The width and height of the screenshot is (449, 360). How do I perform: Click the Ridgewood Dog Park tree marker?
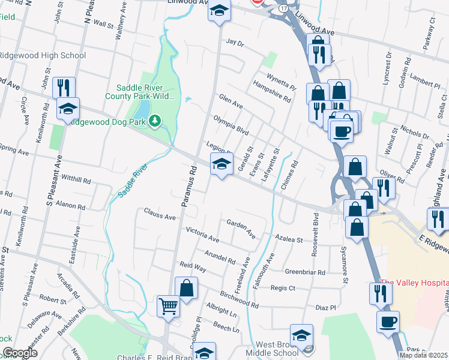(155, 122)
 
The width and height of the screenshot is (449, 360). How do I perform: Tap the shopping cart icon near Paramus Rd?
(167, 307)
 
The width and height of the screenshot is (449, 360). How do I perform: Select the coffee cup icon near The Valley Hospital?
(388, 322)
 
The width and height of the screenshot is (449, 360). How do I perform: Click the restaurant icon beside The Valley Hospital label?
(381, 293)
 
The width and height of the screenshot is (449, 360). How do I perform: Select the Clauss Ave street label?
(159, 214)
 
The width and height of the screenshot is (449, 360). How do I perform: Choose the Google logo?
(20, 353)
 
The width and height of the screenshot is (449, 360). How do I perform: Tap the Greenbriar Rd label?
(305, 272)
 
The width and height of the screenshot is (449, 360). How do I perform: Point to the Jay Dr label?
(235, 43)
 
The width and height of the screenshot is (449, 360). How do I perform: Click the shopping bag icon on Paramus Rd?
(186, 287)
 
